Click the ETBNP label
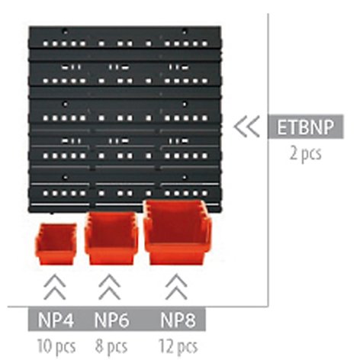[x=305, y=127]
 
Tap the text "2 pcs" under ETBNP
[x=306, y=153]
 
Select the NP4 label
[x=56, y=320]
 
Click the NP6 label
[x=112, y=320]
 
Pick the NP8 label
[x=178, y=320]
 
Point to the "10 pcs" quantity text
[x=56, y=346]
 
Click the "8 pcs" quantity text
[x=111, y=346]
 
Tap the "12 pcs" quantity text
[x=178, y=346]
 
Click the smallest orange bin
[x=56, y=244]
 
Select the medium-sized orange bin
[x=111, y=238]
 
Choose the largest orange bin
[x=178, y=232]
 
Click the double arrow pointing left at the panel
[x=246, y=127]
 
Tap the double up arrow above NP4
[x=55, y=287]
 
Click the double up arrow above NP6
[x=110, y=287]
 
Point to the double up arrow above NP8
[x=176, y=287]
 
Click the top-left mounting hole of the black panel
[x=66, y=32]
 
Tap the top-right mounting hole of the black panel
[x=185, y=32]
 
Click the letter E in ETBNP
[x=281, y=127]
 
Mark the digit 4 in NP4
[x=68, y=320]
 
